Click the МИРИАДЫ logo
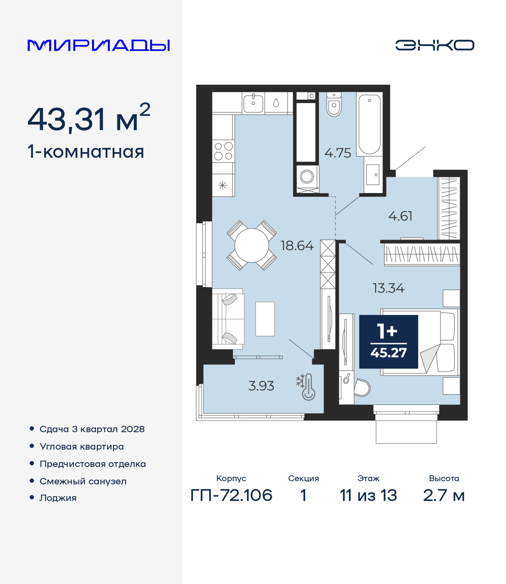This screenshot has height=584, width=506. tap(98, 45)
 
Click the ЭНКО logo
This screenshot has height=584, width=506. tap(434, 45)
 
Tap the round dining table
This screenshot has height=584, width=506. tap(251, 245)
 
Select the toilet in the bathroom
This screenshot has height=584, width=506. tap(334, 104)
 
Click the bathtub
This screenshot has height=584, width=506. tap(370, 124)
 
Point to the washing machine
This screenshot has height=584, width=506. tap(307, 177)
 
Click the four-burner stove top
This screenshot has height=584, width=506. tap(223, 151)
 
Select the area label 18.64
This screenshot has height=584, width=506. tap(297, 246)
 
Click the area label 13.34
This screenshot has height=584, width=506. tap(389, 288)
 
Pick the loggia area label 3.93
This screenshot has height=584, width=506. tap(261, 386)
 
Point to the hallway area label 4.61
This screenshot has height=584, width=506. tap(400, 216)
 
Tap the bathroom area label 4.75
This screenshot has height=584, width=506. tap(338, 153)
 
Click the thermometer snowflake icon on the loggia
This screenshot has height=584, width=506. tap(306, 387)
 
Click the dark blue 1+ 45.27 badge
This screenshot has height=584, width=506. tap(389, 342)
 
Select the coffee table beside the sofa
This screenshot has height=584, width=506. tap(265, 319)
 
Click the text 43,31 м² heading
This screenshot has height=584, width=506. tap(89, 118)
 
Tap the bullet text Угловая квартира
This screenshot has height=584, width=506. tap(82, 446)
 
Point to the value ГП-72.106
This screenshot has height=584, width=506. tap(231, 495)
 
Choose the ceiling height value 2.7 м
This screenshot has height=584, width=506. tap(444, 495)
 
